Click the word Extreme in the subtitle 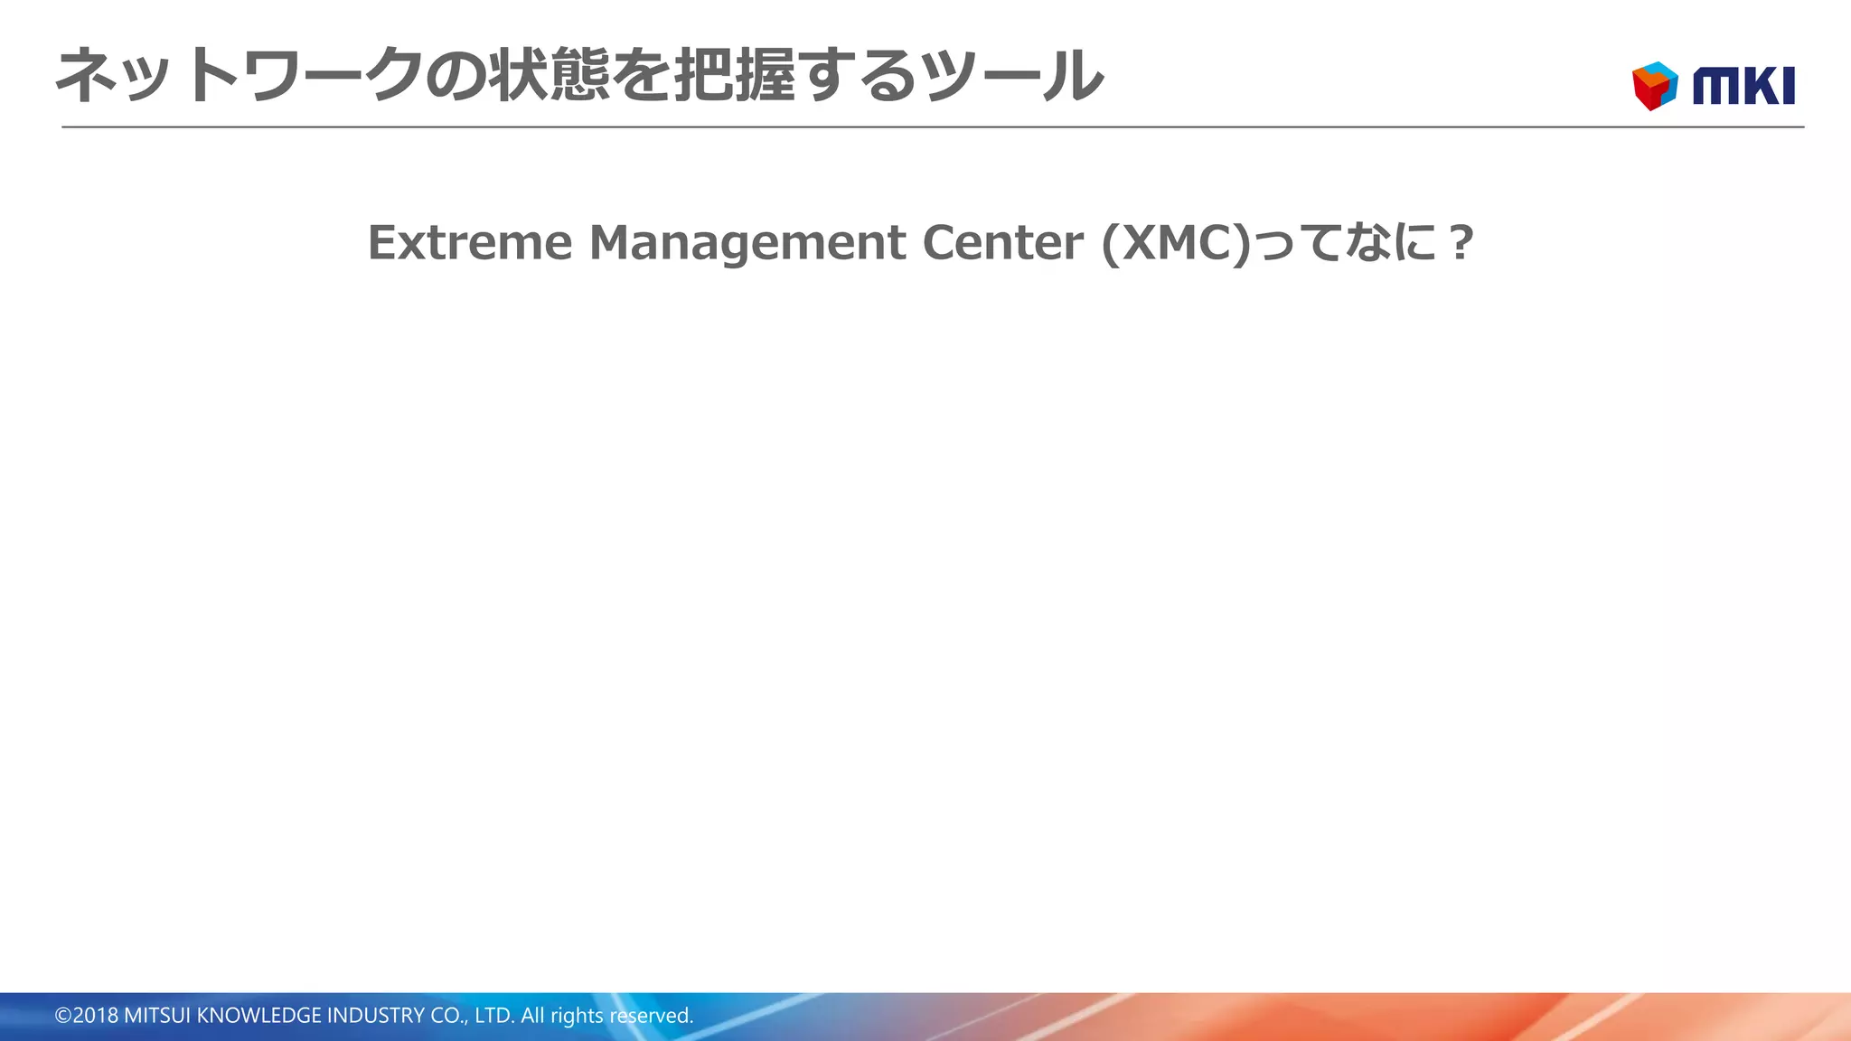click(470, 243)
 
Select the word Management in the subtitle click(747, 243)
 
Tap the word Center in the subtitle click(1002, 243)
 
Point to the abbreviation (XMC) click(1176, 243)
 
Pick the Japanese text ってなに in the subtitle click(1347, 243)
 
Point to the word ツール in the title click(1012, 76)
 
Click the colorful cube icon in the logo click(1655, 86)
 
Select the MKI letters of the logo click(1743, 87)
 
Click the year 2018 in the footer click(96, 1016)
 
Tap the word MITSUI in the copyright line click(157, 1016)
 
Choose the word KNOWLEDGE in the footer click(258, 1016)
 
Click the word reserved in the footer click(652, 1016)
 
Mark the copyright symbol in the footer click(62, 1016)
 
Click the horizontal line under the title click(931, 127)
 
